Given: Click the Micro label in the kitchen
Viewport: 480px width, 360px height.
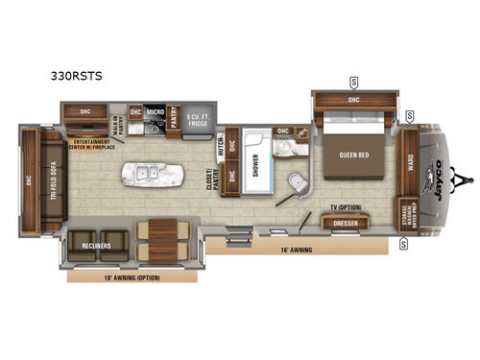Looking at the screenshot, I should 154,111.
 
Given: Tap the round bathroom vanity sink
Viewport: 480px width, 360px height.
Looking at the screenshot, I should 285,149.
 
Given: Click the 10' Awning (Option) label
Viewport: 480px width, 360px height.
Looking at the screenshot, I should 133,277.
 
